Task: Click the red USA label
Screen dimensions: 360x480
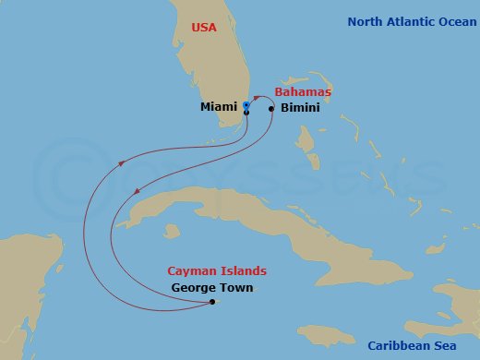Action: (x=203, y=28)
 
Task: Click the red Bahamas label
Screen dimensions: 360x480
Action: (x=303, y=92)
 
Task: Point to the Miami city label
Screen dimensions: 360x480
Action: (x=220, y=107)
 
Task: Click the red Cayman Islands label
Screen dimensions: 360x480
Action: (x=217, y=271)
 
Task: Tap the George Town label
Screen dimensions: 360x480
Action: (x=212, y=288)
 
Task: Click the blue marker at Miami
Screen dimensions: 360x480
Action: (x=246, y=105)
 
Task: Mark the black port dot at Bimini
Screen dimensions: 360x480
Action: (x=271, y=108)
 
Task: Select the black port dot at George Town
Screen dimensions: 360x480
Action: (x=212, y=302)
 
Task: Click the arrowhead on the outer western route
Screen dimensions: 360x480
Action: (x=120, y=164)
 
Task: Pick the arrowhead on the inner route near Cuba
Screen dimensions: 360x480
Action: (x=138, y=192)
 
